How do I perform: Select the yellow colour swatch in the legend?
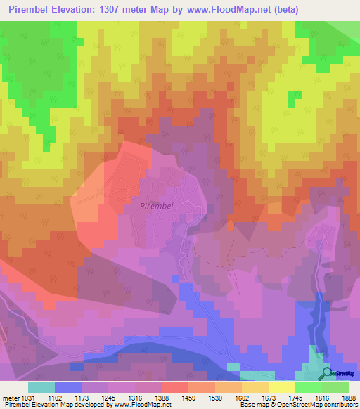281,387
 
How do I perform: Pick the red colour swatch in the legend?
174,387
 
